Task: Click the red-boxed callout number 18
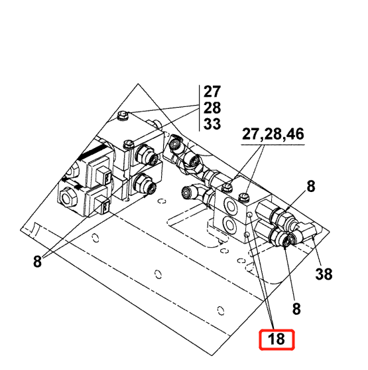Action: pos(276,341)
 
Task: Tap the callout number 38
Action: pos(324,273)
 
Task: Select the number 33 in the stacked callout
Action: pos(212,124)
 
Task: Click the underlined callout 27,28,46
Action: pos(273,135)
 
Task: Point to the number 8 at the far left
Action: pos(37,262)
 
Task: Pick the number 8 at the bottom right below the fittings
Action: pos(296,308)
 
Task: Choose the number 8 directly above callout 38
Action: pos(310,188)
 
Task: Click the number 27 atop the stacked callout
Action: pos(212,92)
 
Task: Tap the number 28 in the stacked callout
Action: pos(212,108)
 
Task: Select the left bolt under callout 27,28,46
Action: pos(227,187)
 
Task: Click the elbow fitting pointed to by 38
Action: pos(307,232)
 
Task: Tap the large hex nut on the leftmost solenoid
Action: pos(68,197)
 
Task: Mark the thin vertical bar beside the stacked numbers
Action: pos(199,108)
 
